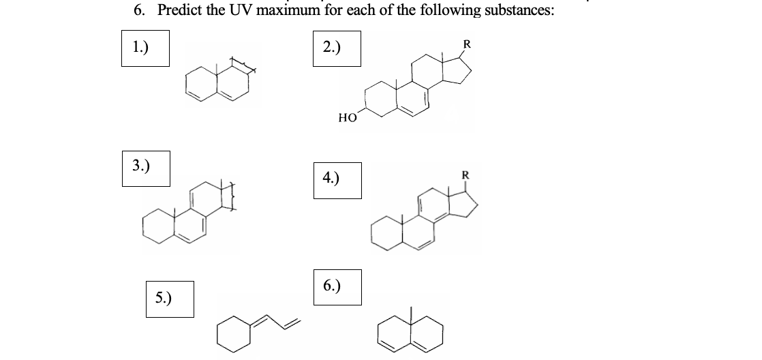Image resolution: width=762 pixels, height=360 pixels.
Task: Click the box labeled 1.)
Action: tap(145, 48)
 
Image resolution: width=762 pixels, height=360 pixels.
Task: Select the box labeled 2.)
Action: tap(337, 48)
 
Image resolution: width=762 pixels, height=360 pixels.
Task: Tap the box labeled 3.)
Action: tap(146, 168)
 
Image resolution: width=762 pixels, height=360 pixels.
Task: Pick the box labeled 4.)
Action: tap(337, 180)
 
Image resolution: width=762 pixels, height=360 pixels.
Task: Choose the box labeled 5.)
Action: tap(170, 299)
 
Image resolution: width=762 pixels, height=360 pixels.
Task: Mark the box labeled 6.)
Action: tap(337, 286)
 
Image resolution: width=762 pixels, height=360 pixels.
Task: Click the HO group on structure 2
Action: tap(346, 117)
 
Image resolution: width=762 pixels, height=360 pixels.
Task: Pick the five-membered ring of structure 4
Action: tap(460, 204)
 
